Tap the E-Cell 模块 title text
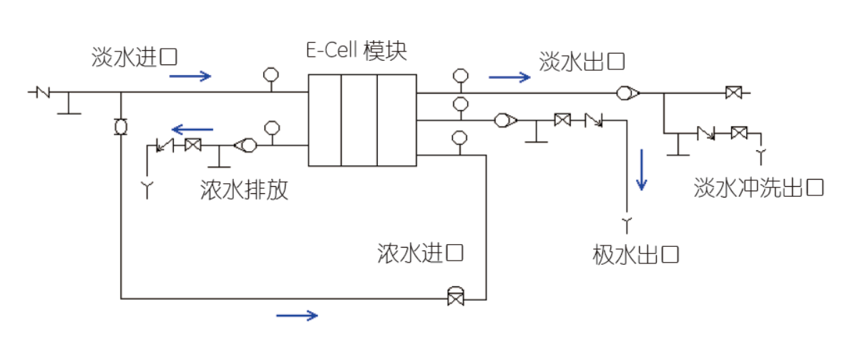pos(355,52)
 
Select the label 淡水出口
pos(582,62)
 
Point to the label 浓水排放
pos(245,190)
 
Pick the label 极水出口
pos(635,254)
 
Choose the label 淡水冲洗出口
pos(759,188)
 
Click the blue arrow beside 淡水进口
pos(191,76)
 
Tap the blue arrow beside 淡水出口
pos(510,76)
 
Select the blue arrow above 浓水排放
pos(192,130)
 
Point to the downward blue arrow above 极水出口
pos(642,170)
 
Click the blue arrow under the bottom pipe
pos(296,314)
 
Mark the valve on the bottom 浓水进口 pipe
pos(454,296)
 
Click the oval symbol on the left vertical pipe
pos(120,127)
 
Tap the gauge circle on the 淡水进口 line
pos(270,74)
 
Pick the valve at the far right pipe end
pos(733,92)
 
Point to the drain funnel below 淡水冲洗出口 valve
pos(762,153)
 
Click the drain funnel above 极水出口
pos(627,225)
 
